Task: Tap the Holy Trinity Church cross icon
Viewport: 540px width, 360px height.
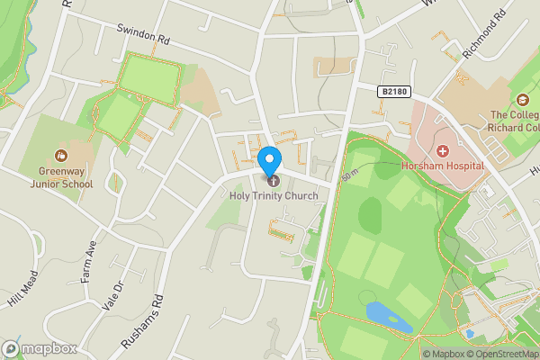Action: coord(274,183)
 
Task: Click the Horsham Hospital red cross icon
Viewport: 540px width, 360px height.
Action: coord(442,151)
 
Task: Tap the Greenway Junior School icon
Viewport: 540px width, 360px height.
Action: coord(61,155)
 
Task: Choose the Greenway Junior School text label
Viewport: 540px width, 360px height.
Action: coord(65,176)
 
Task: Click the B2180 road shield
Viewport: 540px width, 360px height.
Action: coord(393,91)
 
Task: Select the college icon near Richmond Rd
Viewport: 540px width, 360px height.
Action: coord(523,100)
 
